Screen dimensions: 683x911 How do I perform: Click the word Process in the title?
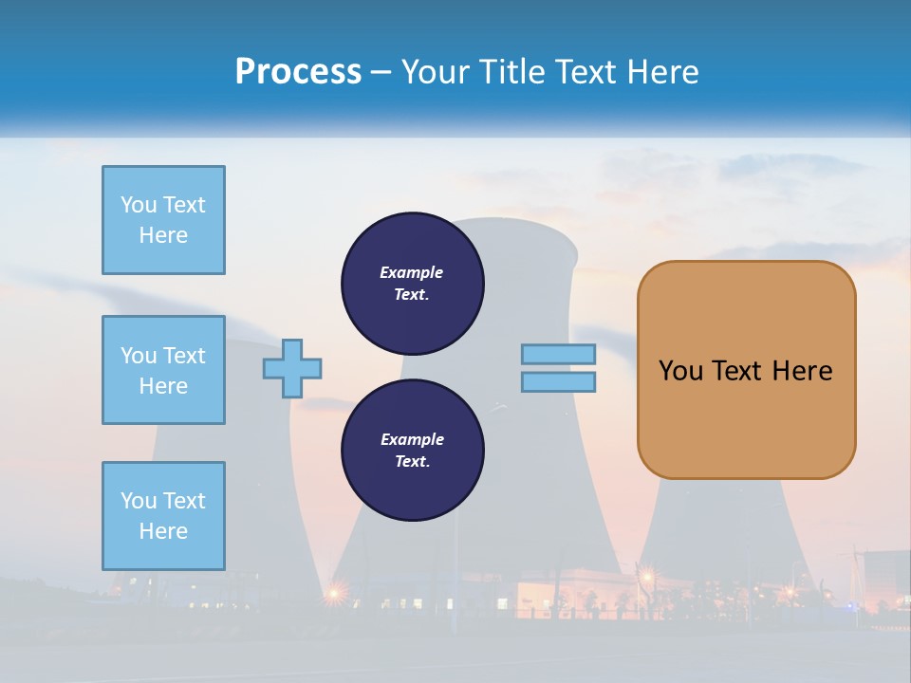tap(298, 72)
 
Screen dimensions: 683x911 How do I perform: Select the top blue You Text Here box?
tap(163, 220)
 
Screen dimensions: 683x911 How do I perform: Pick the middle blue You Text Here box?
tap(163, 370)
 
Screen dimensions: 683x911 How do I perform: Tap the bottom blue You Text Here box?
tap(163, 516)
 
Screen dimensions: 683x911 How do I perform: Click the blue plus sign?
tap(292, 368)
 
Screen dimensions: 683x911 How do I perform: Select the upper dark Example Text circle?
tap(412, 284)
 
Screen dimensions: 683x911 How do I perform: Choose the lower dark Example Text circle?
tap(412, 451)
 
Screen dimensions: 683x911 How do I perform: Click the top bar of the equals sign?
tap(558, 354)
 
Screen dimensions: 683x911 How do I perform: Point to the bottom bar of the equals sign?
tap(558, 381)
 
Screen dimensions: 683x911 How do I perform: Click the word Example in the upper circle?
tap(411, 272)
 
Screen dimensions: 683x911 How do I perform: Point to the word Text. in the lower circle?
tap(411, 462)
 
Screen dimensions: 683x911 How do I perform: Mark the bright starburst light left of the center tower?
tap(334, 594)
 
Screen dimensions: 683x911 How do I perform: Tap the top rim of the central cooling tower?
tap(512, 225)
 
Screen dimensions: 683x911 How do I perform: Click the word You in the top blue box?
tap(137, 205)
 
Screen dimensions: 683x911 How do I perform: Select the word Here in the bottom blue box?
tap(163, 531)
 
